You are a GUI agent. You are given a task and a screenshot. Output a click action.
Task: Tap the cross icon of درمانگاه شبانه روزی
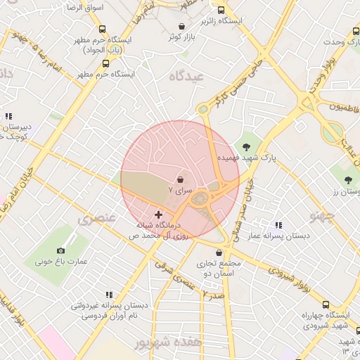coord(158,214)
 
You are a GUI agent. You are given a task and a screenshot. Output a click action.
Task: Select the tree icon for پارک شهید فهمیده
coord(246,146)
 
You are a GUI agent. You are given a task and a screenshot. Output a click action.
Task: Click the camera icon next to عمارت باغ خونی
coord(61,250)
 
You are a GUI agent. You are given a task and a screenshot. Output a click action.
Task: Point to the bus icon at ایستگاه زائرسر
coord(221,11)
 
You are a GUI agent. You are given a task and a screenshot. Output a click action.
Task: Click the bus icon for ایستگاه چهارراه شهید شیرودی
coord(325,304)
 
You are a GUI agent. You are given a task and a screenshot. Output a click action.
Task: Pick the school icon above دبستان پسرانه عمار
coord(278,225)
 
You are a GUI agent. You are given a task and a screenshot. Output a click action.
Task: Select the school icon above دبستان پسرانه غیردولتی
coord(109,295)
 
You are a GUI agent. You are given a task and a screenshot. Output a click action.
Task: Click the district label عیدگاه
coord(186,75)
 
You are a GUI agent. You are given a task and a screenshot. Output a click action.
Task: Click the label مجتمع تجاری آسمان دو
coord(221,269)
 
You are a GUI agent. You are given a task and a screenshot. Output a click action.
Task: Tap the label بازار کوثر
coord(180,37)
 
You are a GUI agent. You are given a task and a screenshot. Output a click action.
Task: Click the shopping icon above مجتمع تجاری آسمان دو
coord(221,252)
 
